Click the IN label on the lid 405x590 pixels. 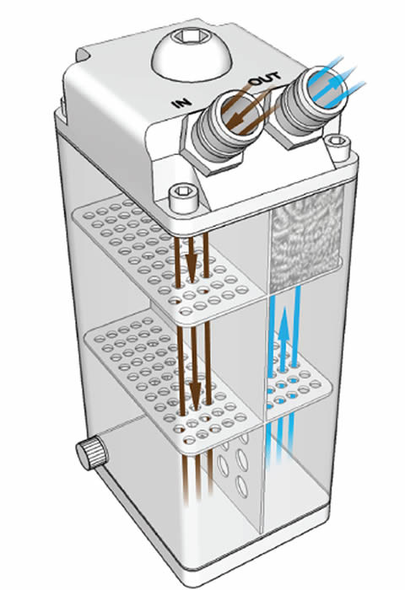point(182,103)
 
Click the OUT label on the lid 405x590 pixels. point(265,78)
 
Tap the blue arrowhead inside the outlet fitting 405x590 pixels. point(332,85)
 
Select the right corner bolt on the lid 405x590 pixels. point(337,147)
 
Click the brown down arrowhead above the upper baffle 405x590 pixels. point(192,262)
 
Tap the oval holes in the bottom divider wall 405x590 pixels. point(234,463)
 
